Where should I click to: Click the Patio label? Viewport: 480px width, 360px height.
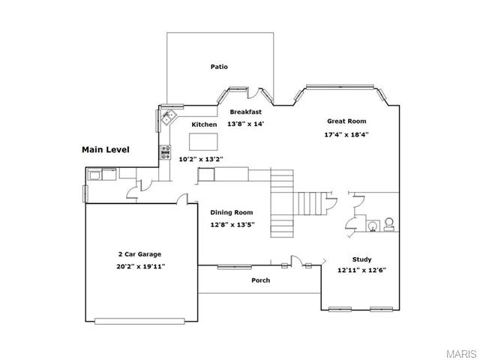(219, 67)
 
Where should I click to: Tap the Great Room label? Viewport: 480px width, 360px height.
(346, 121)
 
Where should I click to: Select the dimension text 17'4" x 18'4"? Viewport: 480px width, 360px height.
(346, 134)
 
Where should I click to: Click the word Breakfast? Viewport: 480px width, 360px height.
(246, 112)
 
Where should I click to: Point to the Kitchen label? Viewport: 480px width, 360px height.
(204, 124)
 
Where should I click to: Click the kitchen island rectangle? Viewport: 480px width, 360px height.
(203, 142)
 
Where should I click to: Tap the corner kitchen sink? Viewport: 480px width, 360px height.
(169, 117)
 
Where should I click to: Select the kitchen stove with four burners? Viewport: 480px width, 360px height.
(166, 152)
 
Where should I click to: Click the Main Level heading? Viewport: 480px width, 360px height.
(106, 150)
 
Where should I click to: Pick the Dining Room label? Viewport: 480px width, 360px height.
(232, 212)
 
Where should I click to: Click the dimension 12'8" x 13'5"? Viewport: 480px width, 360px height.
(232, 225)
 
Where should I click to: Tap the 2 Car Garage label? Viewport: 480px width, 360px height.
(140, 254)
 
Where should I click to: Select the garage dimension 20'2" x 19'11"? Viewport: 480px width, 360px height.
(141, 267)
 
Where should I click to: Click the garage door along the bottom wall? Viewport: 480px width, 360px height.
(139, 321)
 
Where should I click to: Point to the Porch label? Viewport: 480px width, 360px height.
(261, 280)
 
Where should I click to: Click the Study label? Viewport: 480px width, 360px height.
(361, 259)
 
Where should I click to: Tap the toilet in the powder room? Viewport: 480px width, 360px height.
(389, 224)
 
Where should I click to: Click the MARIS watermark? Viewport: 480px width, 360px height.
(462, 353)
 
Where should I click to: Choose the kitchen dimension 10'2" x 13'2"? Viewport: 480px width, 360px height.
(201, 159)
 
